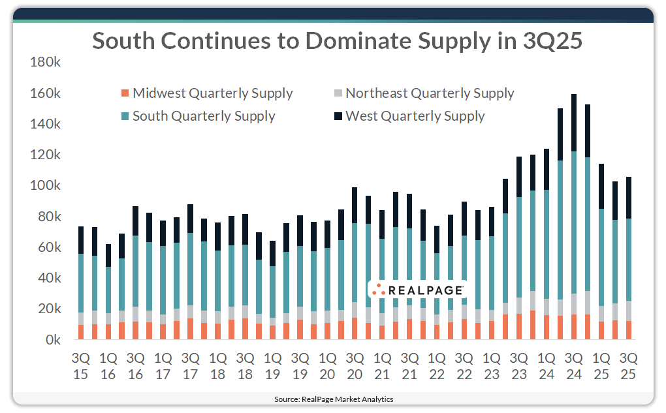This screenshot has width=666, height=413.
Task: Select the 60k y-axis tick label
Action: pos(48,247)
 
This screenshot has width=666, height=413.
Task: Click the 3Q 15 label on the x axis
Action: pos(80,367)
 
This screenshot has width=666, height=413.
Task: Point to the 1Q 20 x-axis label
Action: pos(327,367)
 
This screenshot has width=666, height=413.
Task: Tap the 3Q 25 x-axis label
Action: pos(629,367)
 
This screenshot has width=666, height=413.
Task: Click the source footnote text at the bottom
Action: pos(333,399)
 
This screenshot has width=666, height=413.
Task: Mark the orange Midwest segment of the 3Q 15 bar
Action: pos(80,332)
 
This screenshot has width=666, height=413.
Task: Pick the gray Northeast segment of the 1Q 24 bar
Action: pos(547,307)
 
